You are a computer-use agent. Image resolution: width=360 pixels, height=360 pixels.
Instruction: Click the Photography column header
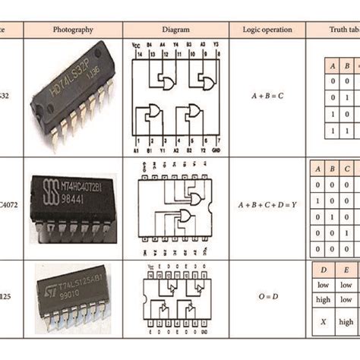[x=73, y=30]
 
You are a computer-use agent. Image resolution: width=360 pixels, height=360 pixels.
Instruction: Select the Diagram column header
[x=175, y=30]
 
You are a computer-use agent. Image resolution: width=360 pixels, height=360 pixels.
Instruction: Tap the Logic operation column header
[x=267, y=30]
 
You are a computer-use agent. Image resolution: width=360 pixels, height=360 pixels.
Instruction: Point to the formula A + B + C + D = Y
[x=267, y=205]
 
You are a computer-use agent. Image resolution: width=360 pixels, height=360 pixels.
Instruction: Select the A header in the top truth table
[x=333, y=65]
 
